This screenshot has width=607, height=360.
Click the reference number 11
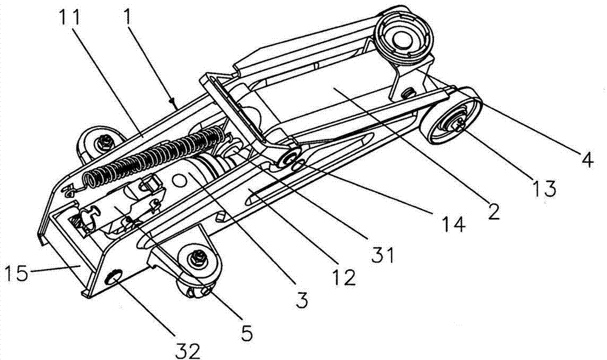pyautogui.click(x=69, y=18)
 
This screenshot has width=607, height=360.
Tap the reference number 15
pyautogui.click(x=16, y=274)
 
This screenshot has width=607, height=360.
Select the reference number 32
pyautogui.click(x=188, y=352)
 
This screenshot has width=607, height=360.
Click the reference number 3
pyautogui.click(x=302, y=300)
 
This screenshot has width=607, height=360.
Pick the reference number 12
pyautogui.click(x=344, y=277)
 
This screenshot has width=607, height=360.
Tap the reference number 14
pyautogui.click(x=453, y=224)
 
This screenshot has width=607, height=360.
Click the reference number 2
pyautogui.click(x=493, y=212)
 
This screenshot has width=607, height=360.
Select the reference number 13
pyautogui.click(x=544, y=189)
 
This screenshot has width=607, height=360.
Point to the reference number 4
pyautogui.click(x=587, y=160)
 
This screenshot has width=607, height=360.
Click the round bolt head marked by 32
pyautogui.click(x=114, y=277)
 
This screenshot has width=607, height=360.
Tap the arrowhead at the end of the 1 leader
pyautogui.click(x=172, y=101)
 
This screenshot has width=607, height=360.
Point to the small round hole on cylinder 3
pyautogui.click(x=179, y=180)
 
